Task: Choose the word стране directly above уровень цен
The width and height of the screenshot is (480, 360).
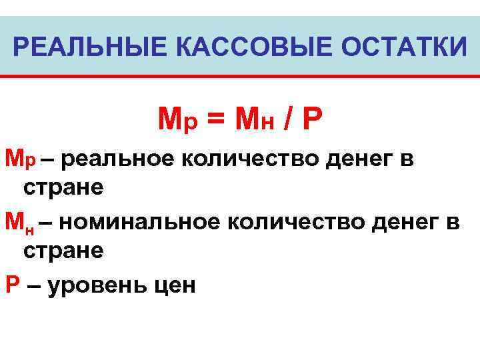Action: (63, 251)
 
